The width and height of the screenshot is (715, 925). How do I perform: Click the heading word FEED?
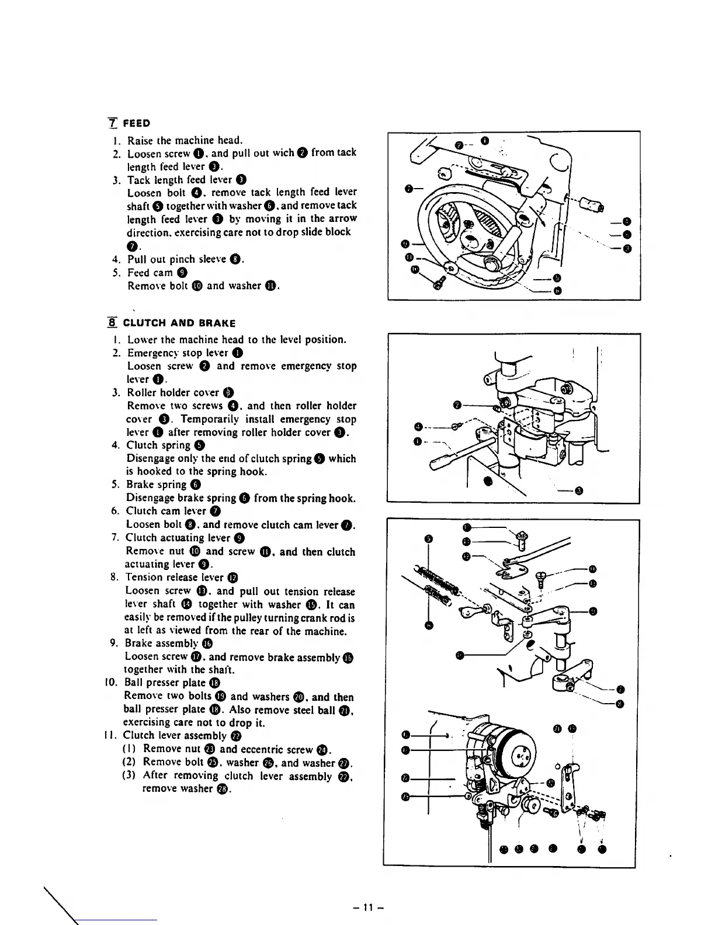click(138, 123)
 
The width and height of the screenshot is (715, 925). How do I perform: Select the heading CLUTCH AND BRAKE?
click(179, 323)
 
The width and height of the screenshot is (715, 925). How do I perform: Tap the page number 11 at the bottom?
click(367, 907)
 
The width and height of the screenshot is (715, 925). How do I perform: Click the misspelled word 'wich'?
click(283, 153)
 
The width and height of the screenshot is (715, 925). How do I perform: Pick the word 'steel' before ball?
click(303, 710)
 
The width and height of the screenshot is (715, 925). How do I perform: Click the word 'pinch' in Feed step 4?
click(188, 259)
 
